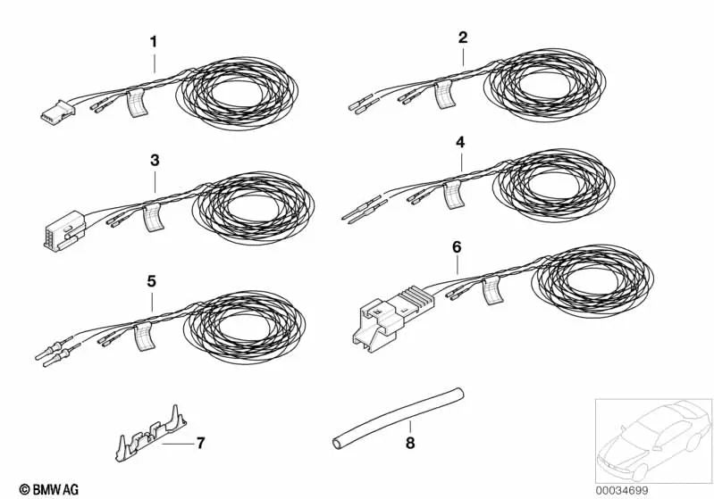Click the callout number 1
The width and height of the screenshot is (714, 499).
[x=154, y=42]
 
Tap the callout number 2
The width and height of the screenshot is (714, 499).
[x=463, y=37]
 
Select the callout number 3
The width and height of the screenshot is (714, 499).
[x=155, y=161]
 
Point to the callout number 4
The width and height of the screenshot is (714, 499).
[x=460, y=142]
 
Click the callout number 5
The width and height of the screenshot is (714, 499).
[x=152, y=281]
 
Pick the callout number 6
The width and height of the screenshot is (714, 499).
[x=457, y=247]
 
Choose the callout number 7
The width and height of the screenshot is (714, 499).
[x=200, y=443]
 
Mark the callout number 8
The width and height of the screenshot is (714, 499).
[x=410, y=443]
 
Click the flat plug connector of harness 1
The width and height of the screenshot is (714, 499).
[x=58, y=111]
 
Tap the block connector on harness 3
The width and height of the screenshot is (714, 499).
[x=64, y=231]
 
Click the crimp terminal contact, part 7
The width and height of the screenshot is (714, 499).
[x=151, y=435]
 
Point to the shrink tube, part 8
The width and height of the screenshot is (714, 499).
[x=398, y=418]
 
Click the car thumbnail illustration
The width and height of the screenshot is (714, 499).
[x=653, y=440]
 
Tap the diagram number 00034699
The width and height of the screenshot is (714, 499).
[x=622, y=490]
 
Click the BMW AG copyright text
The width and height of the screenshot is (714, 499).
[x=49, y=489]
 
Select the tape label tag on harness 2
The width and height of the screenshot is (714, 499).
[x=444, y=95]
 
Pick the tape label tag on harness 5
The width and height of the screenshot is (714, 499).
[x=144, y=337]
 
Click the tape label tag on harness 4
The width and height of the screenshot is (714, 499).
[x=454, y=195]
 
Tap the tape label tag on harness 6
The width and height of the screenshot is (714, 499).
[x=492, y=290]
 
